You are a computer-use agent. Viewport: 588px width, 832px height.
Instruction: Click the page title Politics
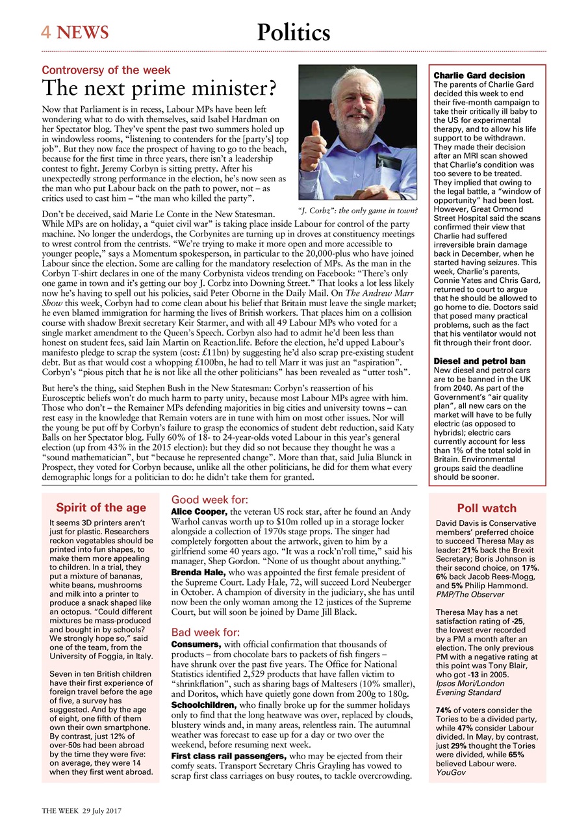[294, 32]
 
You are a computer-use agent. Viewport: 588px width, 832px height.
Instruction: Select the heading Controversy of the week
[106, 70]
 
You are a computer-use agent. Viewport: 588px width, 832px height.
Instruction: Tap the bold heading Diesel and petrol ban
[479, 361]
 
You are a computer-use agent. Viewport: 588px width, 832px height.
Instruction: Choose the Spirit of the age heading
[101, 508]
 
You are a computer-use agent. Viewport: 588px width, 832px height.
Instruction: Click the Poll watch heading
[487, 508]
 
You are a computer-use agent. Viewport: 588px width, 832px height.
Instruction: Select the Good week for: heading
[209, 500]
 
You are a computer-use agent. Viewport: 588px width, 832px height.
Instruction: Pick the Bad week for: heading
[205, 632]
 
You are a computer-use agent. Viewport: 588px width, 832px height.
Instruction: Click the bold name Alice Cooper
[198, 512]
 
